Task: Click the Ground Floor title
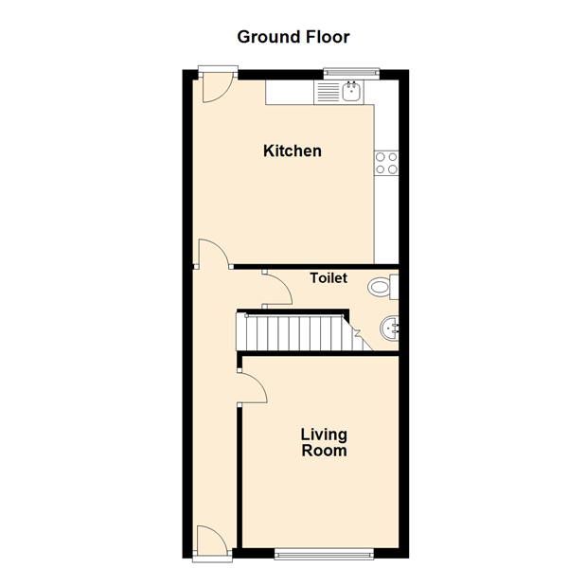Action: point(293,37)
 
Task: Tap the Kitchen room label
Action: point(293,151)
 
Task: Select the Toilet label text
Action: point(328,277)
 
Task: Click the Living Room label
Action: point(324,442)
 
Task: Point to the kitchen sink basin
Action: point(351,91)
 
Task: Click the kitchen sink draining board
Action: point(328,92)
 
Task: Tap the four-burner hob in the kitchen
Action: point(386,163)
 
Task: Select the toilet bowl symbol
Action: point(379,287)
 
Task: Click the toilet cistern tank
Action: point(394,287)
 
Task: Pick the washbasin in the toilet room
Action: point(390,328)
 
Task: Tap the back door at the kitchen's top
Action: point(217,87)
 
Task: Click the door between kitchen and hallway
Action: point(214,253)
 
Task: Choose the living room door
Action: point(254,388)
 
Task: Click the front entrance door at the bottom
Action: point(213,541)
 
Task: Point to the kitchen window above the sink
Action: point(351,74)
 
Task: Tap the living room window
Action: point(324,554)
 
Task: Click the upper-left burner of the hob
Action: point(380,157)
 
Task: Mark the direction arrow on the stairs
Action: point(357,332)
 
